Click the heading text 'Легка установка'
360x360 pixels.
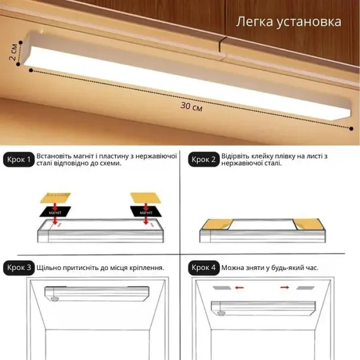pyautogui.click(x=289, y=22)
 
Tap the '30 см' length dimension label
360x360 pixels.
pyautogui.click(x=191, y=107)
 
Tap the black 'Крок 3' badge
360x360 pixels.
pyautogui.click(x=20, y=268)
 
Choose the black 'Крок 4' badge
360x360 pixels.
pyautogui.click(x=204, y=268)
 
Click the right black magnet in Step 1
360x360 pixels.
pyautogui.click(x=146, y=211)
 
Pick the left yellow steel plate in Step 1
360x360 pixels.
pyautogui.click(x=55, y=197)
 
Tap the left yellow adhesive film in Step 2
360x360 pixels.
pyautogui.click(x=215, y=224)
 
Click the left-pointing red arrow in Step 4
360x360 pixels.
pyautogui.click(x=239, y=287)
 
